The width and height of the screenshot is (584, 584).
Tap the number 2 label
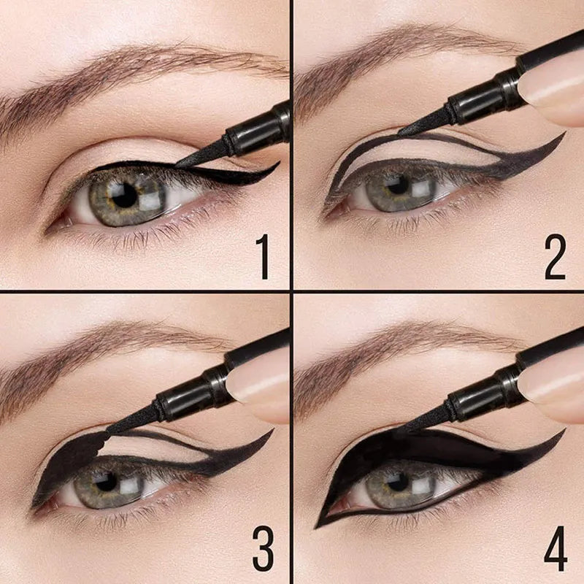click(x=555, y=257)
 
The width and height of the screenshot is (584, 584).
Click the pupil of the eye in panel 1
click(x=124, y=195)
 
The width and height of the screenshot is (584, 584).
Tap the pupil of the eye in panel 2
click(x=397, y=185)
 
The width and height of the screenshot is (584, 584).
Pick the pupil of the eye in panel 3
click(x=106, y=482)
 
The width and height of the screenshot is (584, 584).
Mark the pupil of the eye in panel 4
click(x=398, y=482)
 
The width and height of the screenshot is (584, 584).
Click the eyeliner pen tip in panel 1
click(x=176, y=166)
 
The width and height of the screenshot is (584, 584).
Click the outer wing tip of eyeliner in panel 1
click(x=279, y=162)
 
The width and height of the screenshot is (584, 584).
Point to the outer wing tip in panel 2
click(x=564, y=134)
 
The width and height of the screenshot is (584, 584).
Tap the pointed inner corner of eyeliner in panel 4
click(x=317, y=527)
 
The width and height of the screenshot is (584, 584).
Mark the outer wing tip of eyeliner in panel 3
click(x=273, y=430)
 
